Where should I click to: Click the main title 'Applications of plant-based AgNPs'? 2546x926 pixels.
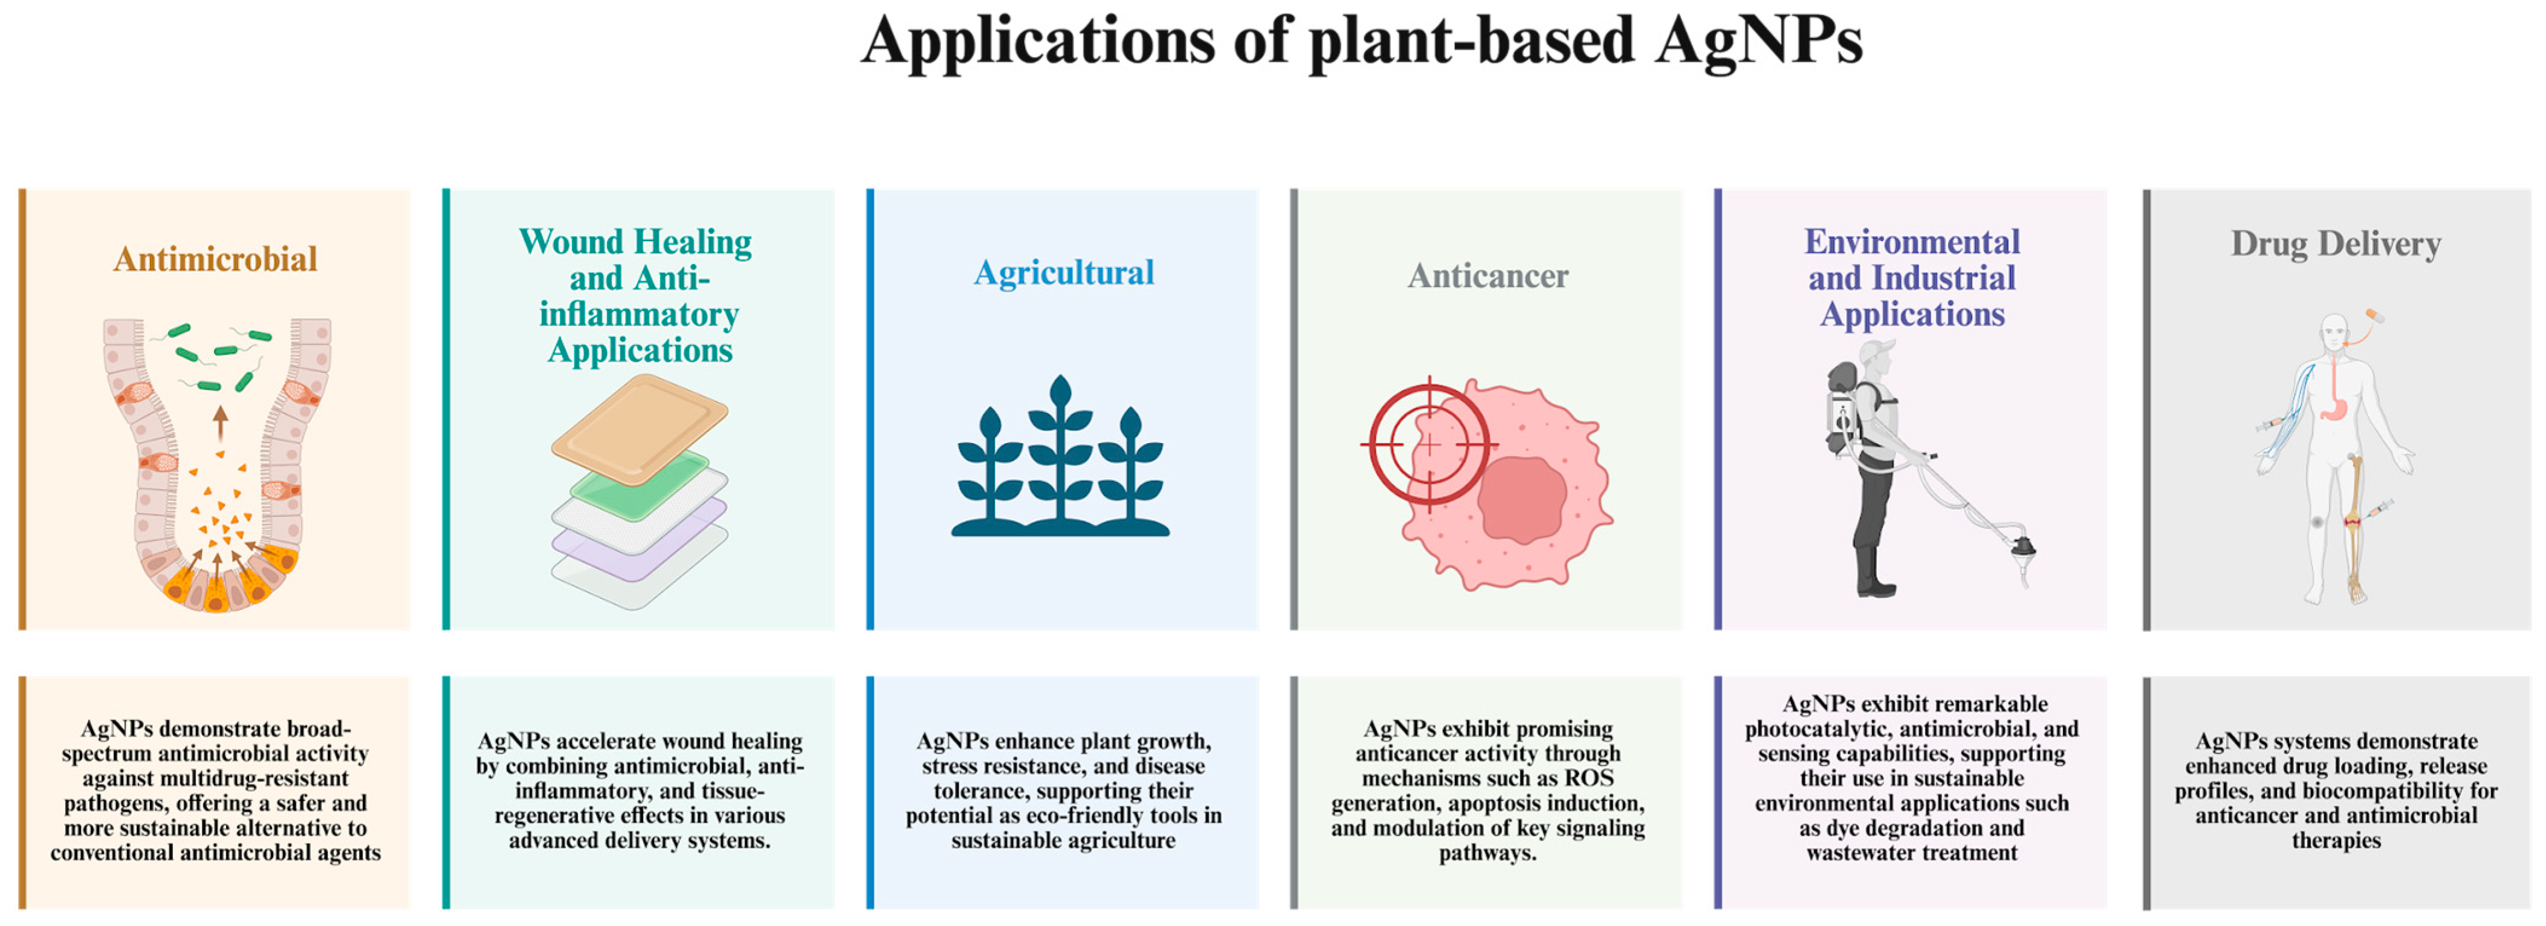coord(1361,42)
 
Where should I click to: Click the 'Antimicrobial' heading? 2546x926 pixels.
coord(215,259)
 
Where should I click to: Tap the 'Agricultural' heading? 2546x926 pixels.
coord(1063,273)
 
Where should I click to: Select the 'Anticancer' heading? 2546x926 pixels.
coord(1488,276)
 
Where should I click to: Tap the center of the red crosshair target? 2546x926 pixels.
coord(1429,445)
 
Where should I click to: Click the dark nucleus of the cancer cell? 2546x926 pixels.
coord(1522,500)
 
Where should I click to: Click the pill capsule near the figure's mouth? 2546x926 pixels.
coord(2374,316)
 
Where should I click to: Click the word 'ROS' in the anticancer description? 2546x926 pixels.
coord(1589,778)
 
